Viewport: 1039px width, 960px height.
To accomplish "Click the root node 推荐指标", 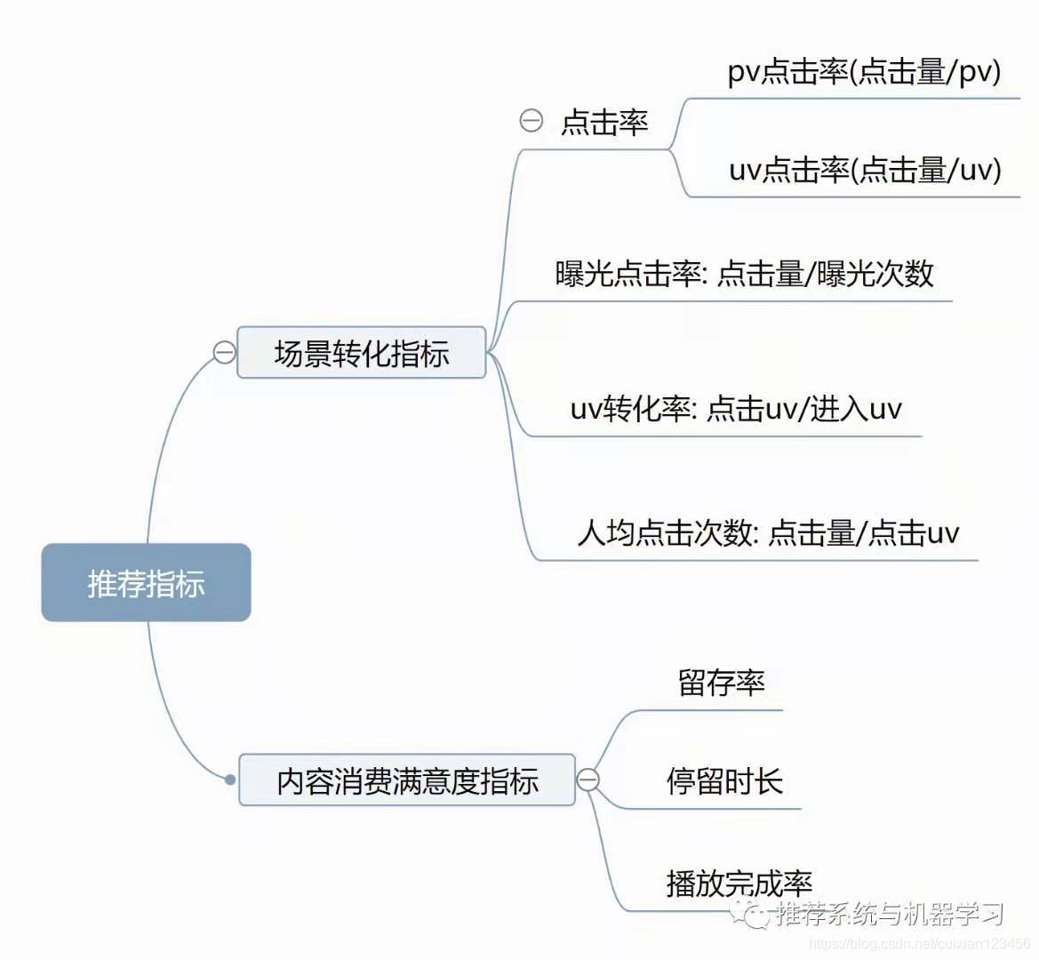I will coord(146,583).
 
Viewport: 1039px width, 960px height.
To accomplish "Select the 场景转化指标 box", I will coord(361,353).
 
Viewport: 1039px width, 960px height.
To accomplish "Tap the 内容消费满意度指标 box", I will coord(407,780).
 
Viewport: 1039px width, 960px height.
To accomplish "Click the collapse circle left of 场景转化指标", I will coord(225,353).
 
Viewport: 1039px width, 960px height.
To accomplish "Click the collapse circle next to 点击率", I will coord(531,121).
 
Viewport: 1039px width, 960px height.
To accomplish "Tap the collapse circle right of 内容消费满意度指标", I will coord(587,780).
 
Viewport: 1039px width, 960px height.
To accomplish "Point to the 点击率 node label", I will coord(604,123).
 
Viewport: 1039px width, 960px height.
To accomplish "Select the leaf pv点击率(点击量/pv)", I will coord(863,72).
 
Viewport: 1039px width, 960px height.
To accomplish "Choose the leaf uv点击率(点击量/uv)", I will coord(864,170).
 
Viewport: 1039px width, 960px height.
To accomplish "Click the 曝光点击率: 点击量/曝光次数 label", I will coord(744,274).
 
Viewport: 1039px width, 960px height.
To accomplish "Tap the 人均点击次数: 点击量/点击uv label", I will coord(768,533).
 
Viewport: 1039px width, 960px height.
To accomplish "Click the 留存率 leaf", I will coord(721,683).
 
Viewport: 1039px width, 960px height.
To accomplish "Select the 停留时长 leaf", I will coord(724,781).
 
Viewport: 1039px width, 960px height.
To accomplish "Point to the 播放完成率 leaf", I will coord(739,883).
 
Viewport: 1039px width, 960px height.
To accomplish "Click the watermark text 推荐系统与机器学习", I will coord(890,913).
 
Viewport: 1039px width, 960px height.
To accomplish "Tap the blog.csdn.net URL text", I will coord(919,943).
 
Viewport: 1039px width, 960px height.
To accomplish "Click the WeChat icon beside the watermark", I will coord(751,912).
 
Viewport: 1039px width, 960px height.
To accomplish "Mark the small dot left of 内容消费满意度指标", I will coord(230,780).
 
